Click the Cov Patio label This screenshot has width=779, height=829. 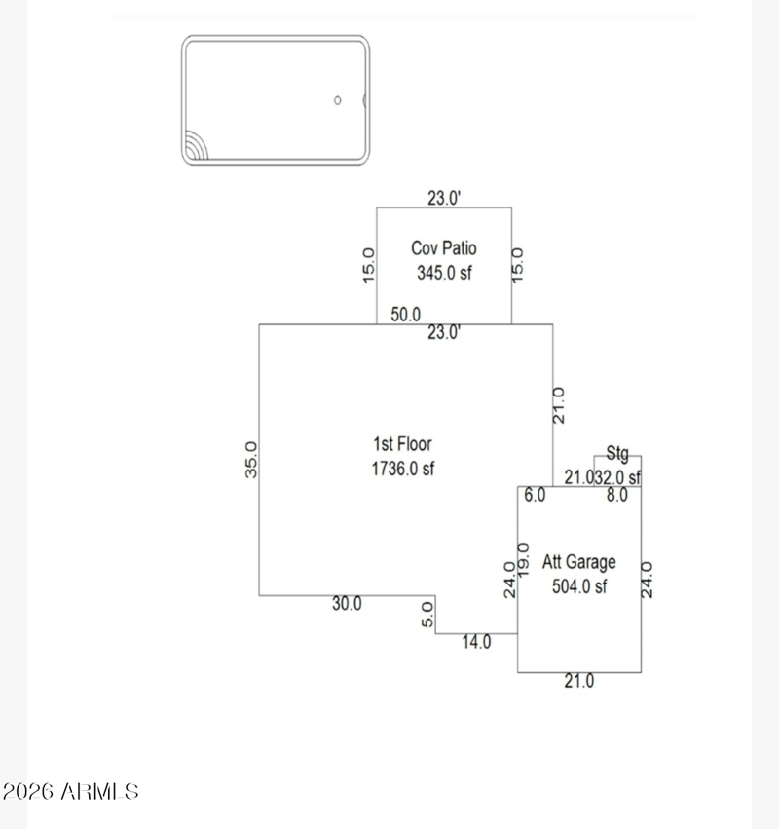tap(443, 249)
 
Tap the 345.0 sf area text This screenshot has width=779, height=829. tap(443, 274)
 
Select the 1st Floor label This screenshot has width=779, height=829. tap(401, 445)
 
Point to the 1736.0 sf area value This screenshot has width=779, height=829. tap(401, 469)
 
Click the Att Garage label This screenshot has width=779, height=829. tap(579, 562)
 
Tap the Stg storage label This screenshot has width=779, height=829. tap(617, 453)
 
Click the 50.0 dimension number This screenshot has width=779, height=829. tap(406, 314)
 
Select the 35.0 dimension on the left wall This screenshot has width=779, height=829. tap(250, 460)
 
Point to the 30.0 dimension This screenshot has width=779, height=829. tap(347, 603)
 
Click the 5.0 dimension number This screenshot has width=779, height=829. tap(427, 616)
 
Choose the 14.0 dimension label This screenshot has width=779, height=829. tap(476, 642)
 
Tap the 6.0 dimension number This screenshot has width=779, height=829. tap(535, 495)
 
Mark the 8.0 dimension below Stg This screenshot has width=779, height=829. tap(616, 495)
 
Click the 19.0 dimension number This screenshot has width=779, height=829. tap(523, 556)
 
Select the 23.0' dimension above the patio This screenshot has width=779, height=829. tap(444, 198)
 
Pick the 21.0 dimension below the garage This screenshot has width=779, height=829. tap(578, 682)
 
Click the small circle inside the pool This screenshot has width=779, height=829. tap(338, 100)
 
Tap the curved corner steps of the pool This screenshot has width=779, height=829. tap(195, 149)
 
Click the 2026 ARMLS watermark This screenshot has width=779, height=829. tap(70, 791)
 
